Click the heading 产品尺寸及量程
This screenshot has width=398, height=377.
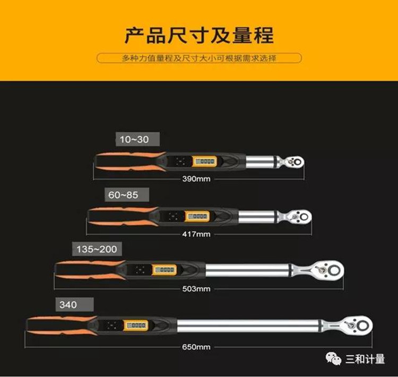199,35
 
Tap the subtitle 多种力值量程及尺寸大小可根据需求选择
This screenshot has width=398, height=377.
199,58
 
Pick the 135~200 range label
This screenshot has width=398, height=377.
97,249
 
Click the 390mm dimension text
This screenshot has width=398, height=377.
196,179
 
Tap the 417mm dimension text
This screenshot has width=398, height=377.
196,234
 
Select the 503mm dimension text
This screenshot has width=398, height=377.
196,289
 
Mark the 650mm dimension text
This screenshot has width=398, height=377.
196,347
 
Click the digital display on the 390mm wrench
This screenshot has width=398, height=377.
204,161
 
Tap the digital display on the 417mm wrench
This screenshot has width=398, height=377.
197,216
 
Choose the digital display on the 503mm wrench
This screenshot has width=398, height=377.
164,270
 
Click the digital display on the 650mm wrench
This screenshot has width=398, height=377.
136,325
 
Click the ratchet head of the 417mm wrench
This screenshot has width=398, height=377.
297,217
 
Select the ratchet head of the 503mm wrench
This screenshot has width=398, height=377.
322,270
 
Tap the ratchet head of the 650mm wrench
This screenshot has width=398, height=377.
350,325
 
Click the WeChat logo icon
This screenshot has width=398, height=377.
333,358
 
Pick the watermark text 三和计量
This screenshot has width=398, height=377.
365,359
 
